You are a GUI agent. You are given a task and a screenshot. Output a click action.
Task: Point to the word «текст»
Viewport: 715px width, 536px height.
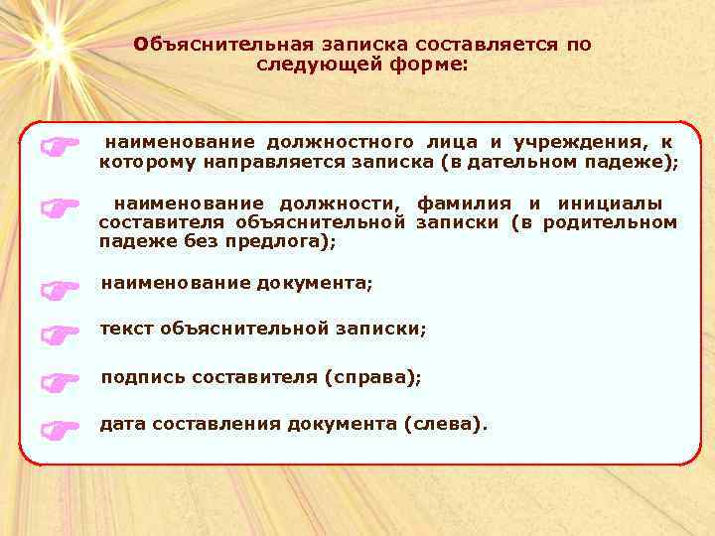pyautogui.click(x=126, y=328)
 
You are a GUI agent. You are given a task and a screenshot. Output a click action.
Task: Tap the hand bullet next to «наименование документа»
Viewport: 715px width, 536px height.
pyautogui.click(x=59, y=289)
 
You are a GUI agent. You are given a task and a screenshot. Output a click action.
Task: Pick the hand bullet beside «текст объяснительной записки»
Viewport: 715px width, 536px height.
pyautogui.click(x=59, y=335)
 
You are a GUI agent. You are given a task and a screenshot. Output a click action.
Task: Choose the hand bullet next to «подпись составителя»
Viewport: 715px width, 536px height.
pyautogui.click(x=59, y=381)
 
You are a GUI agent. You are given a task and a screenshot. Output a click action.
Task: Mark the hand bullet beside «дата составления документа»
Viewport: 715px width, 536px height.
pyautogui.click(x=59, y=429)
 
